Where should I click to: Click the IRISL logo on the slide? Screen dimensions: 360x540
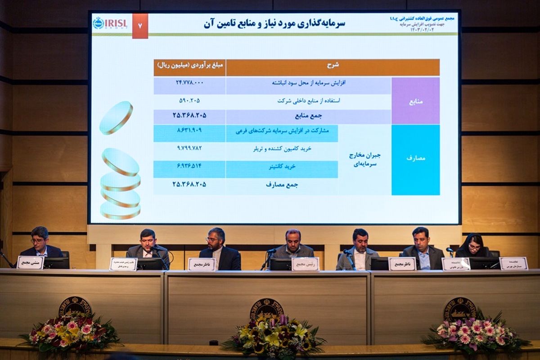(x=110, y=23)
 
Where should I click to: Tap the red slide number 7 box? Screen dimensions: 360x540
(x=140, y=26)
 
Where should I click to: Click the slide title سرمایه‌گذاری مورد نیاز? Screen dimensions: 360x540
(x=274, y=23)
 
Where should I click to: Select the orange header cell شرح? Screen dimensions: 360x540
(x=333, y=67)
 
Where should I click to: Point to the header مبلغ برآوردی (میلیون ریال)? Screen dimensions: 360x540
(x=189, y=67)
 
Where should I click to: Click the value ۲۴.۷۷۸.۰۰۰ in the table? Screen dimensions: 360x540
(x=189, y=83)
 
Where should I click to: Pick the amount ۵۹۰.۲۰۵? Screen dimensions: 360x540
(x=189, y=100)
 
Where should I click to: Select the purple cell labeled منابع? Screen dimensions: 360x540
(x=415, y=101)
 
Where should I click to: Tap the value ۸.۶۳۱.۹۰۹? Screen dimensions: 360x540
(x=189, y=130)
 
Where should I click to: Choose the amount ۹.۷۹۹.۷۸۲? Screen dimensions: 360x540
(x=189, y=148)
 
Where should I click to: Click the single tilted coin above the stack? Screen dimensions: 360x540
(x=116, y=117)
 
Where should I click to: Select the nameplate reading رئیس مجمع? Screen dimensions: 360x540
(x=306, y=264)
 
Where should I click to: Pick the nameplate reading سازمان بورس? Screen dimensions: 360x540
(x=513, y=263)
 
